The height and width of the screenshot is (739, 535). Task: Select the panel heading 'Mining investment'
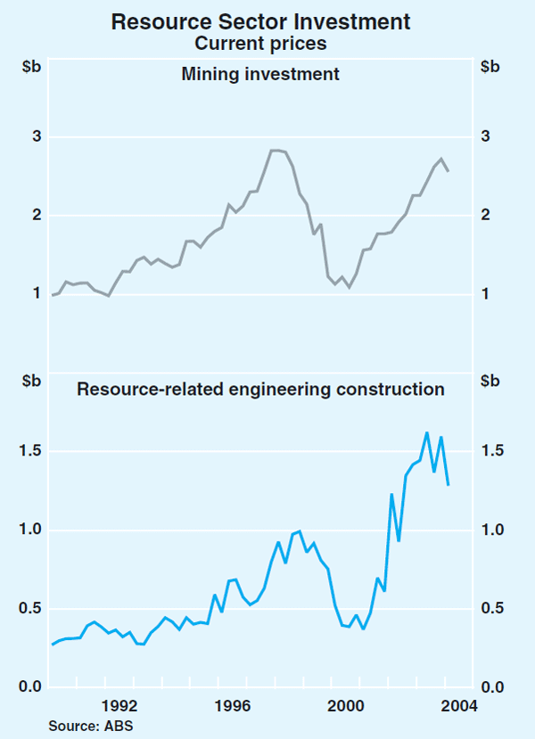click(260, 75)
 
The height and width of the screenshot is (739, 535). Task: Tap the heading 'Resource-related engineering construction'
click(260, 390)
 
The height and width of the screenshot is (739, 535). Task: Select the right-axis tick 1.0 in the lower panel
click(492, 530)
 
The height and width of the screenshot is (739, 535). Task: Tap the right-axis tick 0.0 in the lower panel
click(492, 686)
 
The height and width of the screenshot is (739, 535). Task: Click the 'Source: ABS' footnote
click(90, 727)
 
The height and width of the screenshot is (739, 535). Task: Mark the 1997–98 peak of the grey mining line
click(275, 151)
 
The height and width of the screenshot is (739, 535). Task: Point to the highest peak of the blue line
click(427, 432)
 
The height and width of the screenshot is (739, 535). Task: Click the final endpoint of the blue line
click(448, 484)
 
